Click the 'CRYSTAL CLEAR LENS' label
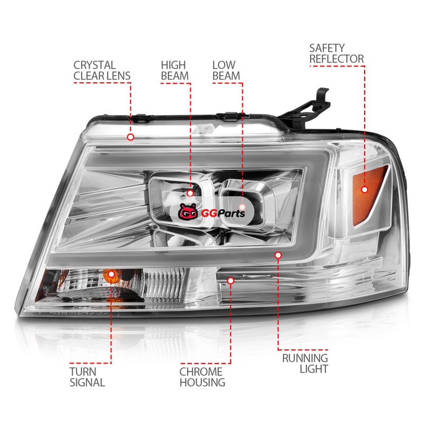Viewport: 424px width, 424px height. (x=102, y=70)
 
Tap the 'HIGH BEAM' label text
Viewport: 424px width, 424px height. (x=175, y=70)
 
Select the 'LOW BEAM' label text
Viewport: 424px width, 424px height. (x=226, y=70)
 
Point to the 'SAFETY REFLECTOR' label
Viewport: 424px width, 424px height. (x=337, y=54)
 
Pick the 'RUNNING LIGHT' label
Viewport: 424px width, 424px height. (x=305, y=363)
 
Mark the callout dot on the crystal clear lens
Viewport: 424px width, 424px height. (x=130, y=137)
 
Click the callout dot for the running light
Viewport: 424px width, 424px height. (x=278, y=255)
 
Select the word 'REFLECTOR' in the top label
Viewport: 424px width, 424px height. (x=337, y=59)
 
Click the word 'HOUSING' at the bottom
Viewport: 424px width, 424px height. (x=202, y=382)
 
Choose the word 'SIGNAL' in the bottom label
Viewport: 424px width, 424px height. (x=87, y=382)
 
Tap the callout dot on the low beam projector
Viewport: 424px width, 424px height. (x=242, y=207)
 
